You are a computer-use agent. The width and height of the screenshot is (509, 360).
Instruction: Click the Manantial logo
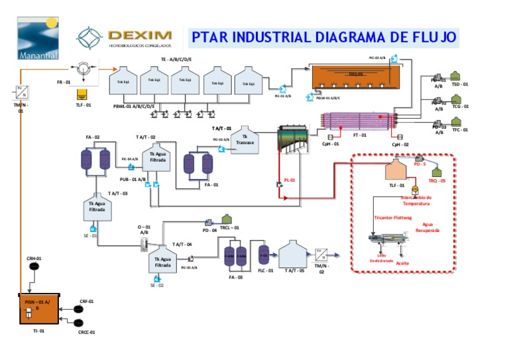[x=38, y=38]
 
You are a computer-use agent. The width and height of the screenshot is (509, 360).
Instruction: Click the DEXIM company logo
[x=125, y=37]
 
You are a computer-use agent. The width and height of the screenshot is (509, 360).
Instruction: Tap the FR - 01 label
[x=64, y=82]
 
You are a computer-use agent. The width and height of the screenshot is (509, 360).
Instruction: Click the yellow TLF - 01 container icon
[x=83, y=93]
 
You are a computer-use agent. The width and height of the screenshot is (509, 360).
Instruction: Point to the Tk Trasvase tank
[x=245, y=141]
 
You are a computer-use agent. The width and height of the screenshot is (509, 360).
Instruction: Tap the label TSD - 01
[x=460, y=85]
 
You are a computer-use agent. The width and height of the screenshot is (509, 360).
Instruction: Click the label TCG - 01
[x=460, y=106]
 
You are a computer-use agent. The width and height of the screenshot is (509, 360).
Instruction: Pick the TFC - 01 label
[x=460, y=130]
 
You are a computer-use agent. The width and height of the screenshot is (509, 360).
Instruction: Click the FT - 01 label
[x=360, y=135]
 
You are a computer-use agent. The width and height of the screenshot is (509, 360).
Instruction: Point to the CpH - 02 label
[x=400, y=144]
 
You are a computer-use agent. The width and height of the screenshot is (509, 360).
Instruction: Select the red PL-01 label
[x=289, y=180]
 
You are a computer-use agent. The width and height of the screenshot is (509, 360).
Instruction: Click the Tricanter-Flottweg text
[x=393, y=217]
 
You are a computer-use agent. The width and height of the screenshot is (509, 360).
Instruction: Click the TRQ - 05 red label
[x=437, y=180]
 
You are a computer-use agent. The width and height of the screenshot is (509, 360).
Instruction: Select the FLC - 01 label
[x=265, y=270]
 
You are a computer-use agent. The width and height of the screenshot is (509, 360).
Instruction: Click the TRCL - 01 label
[x=229, y=227]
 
